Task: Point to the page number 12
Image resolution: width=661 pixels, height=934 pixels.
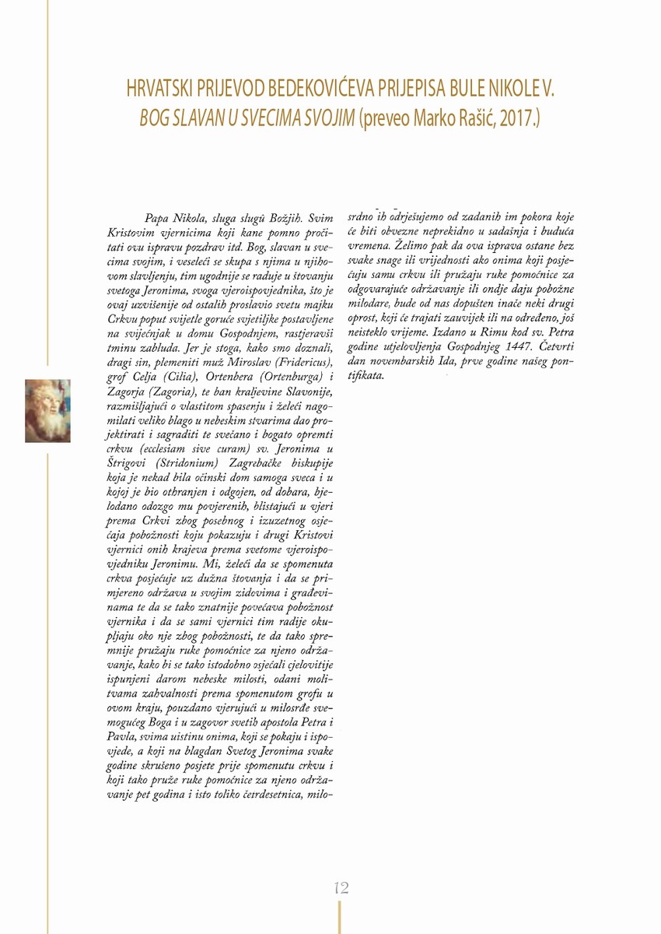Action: click(x=340, y=888)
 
